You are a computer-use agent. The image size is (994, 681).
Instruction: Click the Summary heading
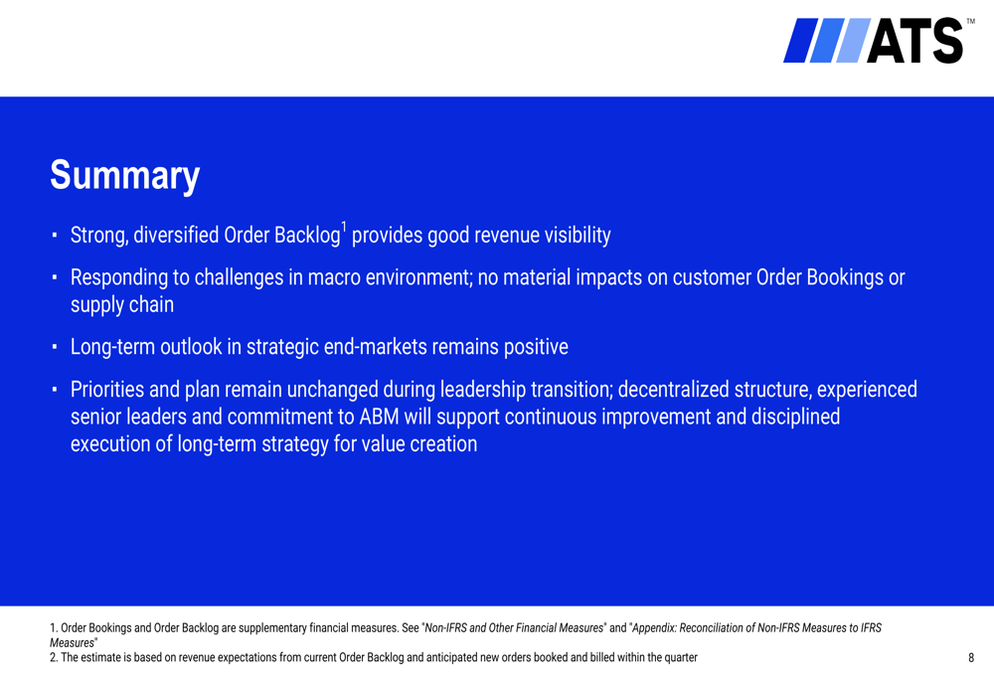(125, 176)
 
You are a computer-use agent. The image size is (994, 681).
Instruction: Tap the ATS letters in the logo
(914, 41)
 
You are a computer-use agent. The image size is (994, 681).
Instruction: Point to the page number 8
(970, 657)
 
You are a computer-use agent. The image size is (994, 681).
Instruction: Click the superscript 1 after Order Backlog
(344, 227)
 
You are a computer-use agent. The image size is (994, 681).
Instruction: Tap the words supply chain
(121, 305)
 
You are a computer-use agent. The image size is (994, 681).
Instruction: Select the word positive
(536, 347)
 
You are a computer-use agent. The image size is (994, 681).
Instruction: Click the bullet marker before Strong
(55, 236)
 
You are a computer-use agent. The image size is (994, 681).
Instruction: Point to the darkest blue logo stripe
(800, 41)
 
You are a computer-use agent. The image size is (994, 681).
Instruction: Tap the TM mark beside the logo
(970, 22)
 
